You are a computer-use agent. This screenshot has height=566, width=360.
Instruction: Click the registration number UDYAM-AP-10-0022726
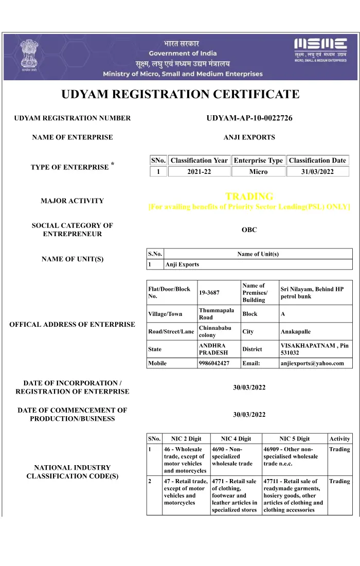(249, 118)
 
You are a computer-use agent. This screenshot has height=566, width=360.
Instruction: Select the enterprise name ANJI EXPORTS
(249, 137)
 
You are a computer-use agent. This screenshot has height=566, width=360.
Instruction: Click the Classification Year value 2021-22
(199, 172)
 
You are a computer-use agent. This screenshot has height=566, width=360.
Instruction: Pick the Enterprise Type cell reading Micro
(258, 172)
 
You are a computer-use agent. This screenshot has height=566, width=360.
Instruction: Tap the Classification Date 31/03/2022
(317, 172)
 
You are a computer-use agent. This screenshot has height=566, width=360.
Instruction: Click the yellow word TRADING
(249, 197)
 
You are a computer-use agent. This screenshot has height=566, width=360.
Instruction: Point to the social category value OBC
(249, 230)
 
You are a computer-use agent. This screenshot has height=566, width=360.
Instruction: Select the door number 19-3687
(209, 293)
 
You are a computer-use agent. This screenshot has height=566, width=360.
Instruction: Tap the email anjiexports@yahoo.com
(312, 363)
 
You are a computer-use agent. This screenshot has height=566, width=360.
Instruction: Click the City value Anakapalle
(296, 332)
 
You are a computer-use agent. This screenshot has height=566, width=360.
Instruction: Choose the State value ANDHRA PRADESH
(212, 349)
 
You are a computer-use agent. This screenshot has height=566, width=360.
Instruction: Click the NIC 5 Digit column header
(294, 439)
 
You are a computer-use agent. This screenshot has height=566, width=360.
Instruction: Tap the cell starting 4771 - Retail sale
(235, 496)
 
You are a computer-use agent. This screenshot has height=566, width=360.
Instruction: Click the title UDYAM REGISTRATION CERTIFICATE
(180, 95)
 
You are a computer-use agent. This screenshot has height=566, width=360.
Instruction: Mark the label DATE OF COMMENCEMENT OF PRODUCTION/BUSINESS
(72, 414)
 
